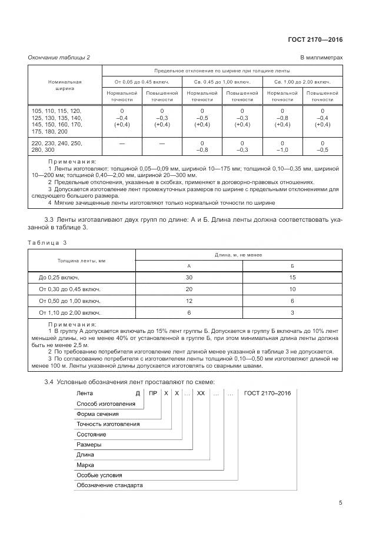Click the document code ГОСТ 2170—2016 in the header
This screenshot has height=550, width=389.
coord(315,40)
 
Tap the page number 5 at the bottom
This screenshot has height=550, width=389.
coord(340,503)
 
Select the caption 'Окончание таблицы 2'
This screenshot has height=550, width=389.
coord(59,57)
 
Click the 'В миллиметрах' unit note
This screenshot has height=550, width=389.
coord(321,57)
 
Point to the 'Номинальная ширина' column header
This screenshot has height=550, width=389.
coord(65,85)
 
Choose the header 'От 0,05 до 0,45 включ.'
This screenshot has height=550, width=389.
coord(142,81)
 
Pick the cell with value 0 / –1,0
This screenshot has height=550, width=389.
coord(282,146)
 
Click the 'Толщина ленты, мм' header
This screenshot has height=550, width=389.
coord(81,260)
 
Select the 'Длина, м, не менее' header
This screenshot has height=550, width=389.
coord(239,255)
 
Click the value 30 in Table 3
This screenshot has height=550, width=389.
coord(189,277)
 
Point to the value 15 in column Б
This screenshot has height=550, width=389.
coord(292,277)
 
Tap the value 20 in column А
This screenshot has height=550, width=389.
coord(189,289)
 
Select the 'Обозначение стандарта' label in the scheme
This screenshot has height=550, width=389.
coord(110,485)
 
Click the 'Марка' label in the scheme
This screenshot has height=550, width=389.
coord(86,465)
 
